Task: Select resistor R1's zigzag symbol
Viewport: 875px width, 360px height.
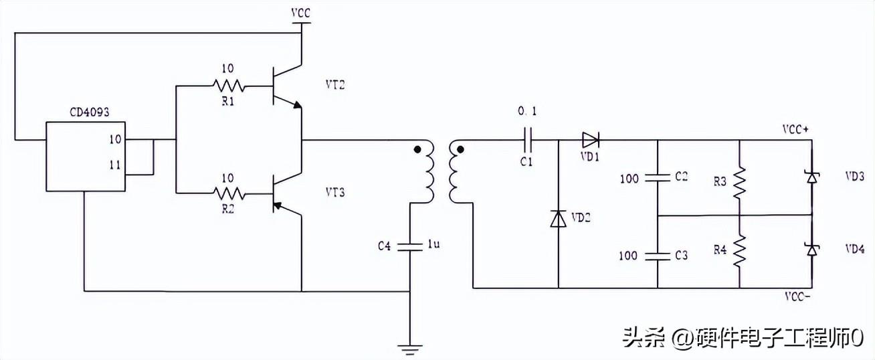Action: coord(229,86)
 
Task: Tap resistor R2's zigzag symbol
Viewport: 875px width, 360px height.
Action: coord(229,193)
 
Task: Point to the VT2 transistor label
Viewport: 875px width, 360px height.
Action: coord(336,86)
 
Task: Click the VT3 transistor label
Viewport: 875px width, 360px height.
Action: coord(336,193)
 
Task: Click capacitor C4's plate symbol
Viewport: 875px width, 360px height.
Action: coord(409,246)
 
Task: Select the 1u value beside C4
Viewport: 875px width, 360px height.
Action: coord(433,246)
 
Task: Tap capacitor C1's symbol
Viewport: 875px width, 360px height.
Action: coord(527,141)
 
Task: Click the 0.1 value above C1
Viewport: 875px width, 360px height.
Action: coord(527,110)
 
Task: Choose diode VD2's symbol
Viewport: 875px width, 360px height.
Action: coord(558,218)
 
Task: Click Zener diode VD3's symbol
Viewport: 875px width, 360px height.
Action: coord(812,177)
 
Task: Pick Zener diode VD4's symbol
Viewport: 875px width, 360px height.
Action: coord(812,250)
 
